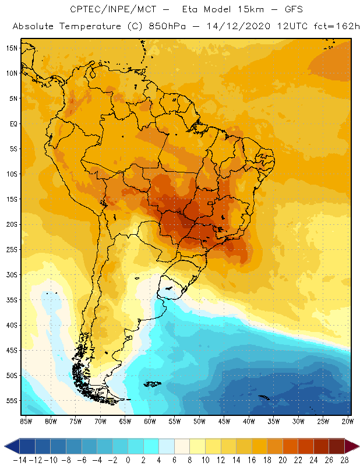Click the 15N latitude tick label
tap(12, 48)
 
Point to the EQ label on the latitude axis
tap(12, 123)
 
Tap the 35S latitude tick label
tap(12, 300)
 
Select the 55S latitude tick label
tap(12, 401)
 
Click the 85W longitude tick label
tap(26, 421)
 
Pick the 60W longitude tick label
tap(150, 421)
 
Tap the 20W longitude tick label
tap(348, 421)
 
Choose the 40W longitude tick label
tap(249, 421)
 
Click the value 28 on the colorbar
tap(345, 460)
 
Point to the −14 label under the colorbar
tap(19, 460)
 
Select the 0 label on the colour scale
tap(128, 460)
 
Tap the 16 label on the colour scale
tap(252, 460)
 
